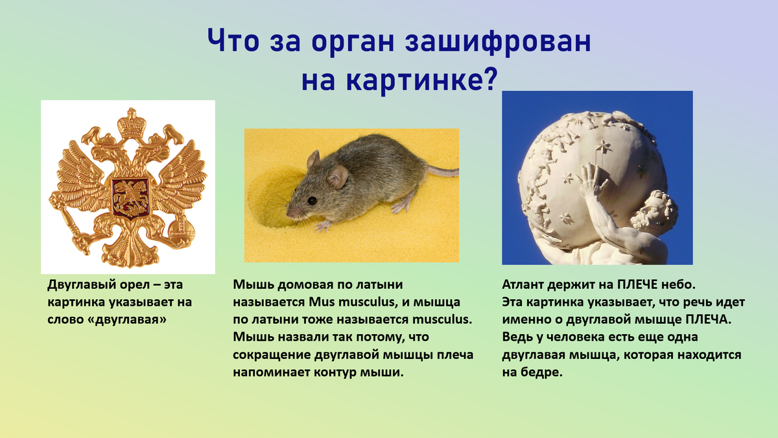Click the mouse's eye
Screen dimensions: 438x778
click(x=312, y=201)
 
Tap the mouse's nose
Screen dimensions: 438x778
click(x=289, y=213)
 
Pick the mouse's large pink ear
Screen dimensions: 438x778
click(x=337, y=176)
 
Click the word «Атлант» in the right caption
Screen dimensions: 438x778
click(x=524, y=285)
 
